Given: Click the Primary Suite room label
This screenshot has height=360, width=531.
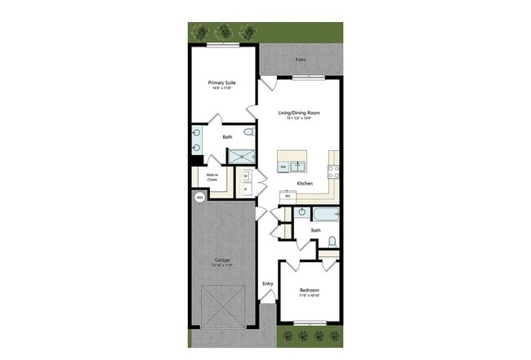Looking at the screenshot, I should tap(222, 82).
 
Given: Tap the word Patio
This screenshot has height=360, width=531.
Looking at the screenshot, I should tap(301, 60).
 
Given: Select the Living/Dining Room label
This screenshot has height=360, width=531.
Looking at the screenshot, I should tap(298, 113).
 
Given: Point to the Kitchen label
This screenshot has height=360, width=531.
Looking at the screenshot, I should tap(305, 184).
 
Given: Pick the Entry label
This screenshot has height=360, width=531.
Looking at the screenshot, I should tap(267, 284).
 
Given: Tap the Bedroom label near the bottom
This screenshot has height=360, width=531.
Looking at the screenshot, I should tap(309, 291).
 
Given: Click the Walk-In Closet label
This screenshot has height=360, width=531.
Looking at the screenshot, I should tap(211, 176).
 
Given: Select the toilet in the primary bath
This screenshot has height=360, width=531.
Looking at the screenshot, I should tap(249, 131).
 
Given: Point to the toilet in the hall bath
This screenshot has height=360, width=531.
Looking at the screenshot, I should tap(332, 241).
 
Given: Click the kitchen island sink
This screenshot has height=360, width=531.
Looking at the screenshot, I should tap(299, 167).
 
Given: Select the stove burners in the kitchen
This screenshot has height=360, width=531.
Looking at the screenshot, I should tap(332, 171).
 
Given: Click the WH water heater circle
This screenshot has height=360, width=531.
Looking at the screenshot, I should tap(199, 197).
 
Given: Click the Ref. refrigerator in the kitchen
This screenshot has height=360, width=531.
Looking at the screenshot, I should tap(288, 196).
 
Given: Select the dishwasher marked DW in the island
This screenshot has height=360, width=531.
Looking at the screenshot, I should tap(283, 167).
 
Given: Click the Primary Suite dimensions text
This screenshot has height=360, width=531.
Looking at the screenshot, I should tap(222, 88).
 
